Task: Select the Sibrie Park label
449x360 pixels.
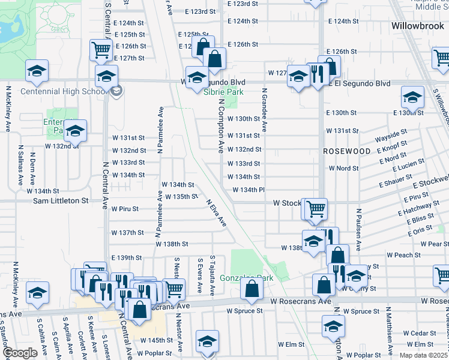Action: pyautogui.click(x=223, y=92)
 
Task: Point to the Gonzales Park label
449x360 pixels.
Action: pyautogui.click(x=246, y=278)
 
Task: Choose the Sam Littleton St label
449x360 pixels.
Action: pyautogui.click(x=60, y=200)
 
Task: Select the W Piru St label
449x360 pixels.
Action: pyautogui.click(x=125, y=209)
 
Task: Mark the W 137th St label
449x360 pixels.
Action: pyautogui.click(x=127, y=232)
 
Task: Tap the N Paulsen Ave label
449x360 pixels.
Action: pyautogui.click(x=358, y=230)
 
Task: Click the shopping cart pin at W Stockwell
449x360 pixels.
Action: pyautogui.click(x=316, y=209)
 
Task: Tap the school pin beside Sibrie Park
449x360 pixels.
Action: pyautogui.click(x=197, y=77)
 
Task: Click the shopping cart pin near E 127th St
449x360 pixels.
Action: pyautogui.click(x=101, y=50)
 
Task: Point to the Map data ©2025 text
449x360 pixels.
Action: pyautogui.click(x=424, y=355)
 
